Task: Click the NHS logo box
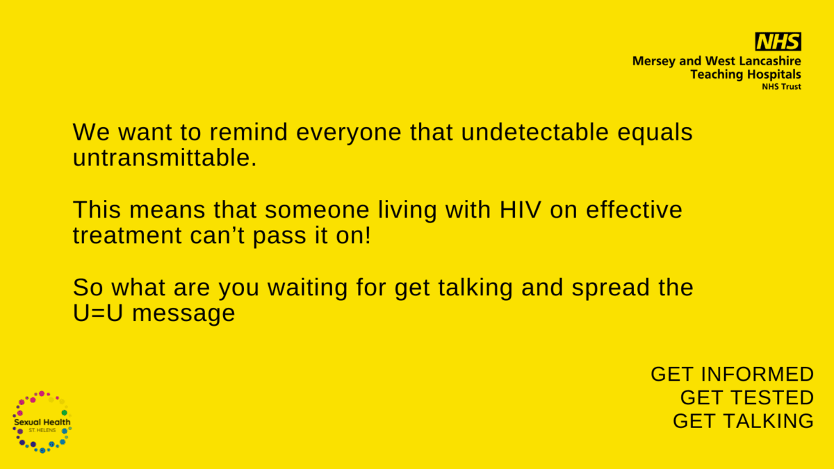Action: (778, 41)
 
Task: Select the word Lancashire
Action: (770, 60)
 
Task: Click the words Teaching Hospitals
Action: (746, 74)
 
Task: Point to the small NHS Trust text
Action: (781, 86)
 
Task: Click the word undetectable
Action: (535, 132)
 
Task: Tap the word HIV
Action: (520, 210)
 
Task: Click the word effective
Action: (634, 209)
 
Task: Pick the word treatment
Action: (127, 236)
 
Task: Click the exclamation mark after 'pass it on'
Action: (368, 236)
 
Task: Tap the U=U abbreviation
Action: (98, 313)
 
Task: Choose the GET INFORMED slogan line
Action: (732, 374)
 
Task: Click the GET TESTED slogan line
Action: (747, 397)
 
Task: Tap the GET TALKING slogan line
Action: (743, 421)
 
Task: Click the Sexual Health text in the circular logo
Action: (42, 422)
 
